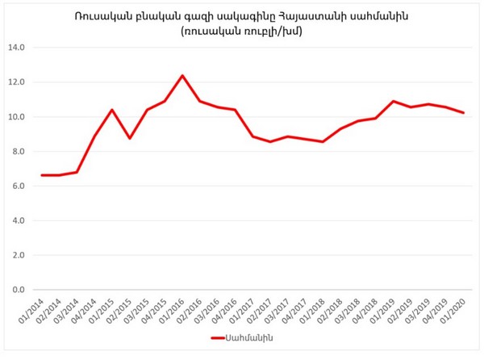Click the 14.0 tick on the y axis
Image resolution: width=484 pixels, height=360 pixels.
click(x=18, y=48)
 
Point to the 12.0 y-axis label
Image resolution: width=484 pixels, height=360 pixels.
click(x=18, y=82)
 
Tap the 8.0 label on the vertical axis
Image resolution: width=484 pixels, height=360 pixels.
click(x=19, y=152)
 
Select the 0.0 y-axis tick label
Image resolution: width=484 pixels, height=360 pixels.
click(x=19, y=290)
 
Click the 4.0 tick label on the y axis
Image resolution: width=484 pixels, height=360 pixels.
click(x=19, y=220)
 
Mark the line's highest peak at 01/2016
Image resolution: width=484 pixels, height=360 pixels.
click(x=182, y=76)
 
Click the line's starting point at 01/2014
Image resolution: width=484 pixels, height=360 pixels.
click(x=41, y=175)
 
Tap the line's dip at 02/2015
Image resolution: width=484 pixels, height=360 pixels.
click(x=129, y=138)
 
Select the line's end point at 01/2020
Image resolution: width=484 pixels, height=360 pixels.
click(x=464, y=113)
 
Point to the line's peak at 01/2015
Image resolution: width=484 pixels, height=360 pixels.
click(x=112, y=110)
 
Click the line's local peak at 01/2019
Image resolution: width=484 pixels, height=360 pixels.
click(x=393, y=102)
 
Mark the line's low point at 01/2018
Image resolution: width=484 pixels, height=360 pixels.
click(x=323, y=142)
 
